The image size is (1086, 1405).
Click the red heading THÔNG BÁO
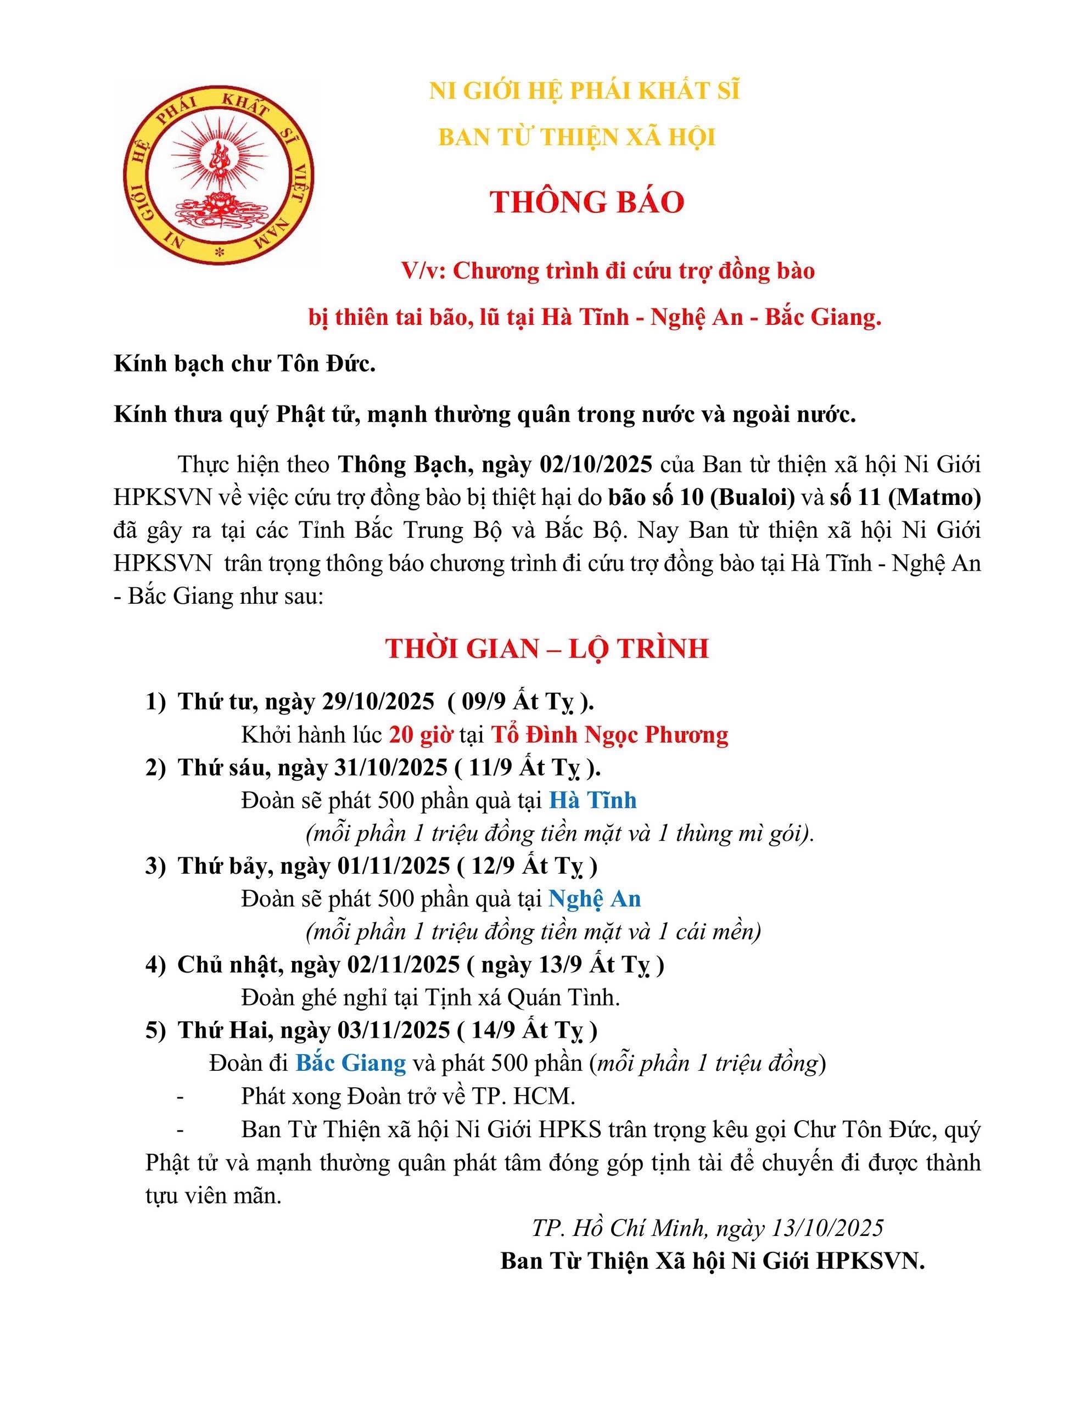pos(586,203)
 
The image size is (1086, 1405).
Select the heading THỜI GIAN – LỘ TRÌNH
pos(547,649)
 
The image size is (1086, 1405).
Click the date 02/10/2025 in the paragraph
pos(593,464)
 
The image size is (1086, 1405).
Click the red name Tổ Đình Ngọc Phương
pos(609,735)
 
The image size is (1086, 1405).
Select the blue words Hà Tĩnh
pos(592,800)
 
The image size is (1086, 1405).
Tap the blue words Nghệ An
pos(594,899)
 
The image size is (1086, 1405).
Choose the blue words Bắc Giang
pos(351,1063)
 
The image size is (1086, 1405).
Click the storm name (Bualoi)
pos(753,498)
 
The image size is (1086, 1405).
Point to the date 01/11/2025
pos(393,867)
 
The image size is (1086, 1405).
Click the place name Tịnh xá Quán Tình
pos(521,998)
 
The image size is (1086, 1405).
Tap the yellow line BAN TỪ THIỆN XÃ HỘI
pos(577,137)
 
